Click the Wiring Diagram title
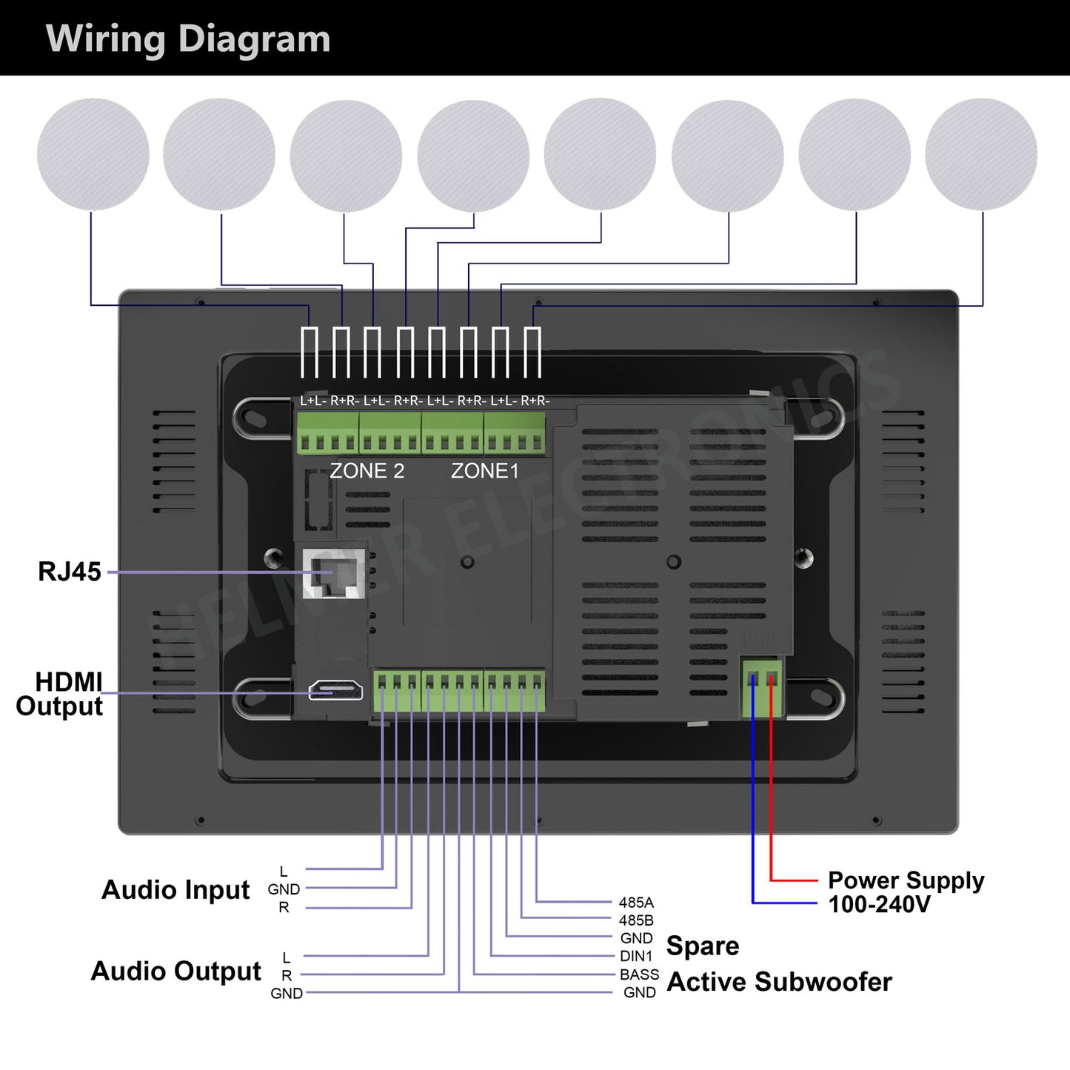(x=188, y=39)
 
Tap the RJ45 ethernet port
(x=334, y=574)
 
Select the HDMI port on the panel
(x=335, y=690)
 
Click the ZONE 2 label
(x=367, y=471)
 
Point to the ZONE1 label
(x=485, y=471)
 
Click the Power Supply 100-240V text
(x=905, y=892)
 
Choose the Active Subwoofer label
(x=779, y=982)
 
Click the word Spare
(x=703, y=946)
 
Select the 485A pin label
(x=636, y=903)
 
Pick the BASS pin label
(x=639, y=974)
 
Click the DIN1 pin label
(x=637, y=957)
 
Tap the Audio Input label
(x=175, y=889)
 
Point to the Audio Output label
(x=175, y=971)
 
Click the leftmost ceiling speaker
(x=93, y=155)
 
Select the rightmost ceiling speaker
(x=981, y=155)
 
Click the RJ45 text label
(x=70, y=572)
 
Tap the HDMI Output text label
(x=61, y=694)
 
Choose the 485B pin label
(x=636, y=920)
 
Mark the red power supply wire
(x=772, y=800)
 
